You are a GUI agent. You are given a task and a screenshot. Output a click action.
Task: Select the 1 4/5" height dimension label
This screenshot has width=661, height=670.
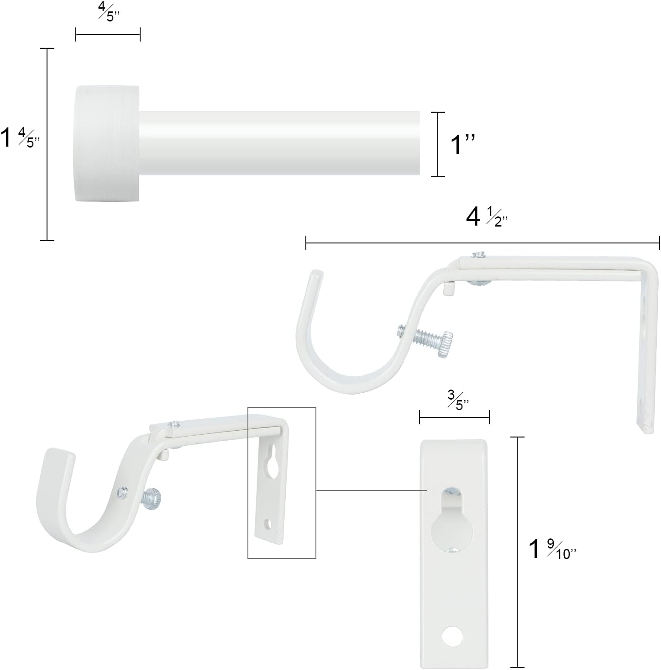21,138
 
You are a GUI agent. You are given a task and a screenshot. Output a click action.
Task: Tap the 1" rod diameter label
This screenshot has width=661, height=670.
463,144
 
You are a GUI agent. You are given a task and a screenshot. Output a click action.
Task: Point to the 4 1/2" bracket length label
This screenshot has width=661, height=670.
487,218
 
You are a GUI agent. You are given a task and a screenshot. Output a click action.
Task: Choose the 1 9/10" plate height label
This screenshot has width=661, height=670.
552,550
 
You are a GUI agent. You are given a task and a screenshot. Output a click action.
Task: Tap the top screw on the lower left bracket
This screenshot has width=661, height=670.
174,423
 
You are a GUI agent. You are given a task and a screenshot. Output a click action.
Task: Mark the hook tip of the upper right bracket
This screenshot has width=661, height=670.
316,275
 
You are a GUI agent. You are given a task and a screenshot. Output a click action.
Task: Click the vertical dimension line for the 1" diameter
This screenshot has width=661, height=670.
438,144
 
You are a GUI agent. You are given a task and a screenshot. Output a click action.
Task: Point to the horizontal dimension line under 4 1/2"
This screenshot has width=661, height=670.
482,243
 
